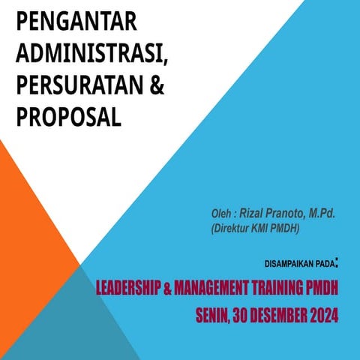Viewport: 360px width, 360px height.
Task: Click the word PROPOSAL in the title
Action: (x=68, y=117)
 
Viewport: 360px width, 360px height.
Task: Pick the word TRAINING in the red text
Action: (x=280, y=287)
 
